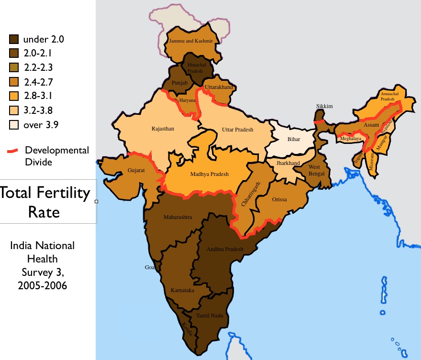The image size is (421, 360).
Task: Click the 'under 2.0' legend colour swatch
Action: point(14,39)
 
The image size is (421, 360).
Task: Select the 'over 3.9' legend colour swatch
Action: point(14,125)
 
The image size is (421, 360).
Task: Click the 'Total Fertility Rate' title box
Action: point(45,201)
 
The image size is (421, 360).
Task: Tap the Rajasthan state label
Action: point(163,129)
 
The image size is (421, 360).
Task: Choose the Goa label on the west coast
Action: point(150,268)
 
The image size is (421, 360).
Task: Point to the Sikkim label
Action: point(324,106)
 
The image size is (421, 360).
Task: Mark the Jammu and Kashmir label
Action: point(191,42)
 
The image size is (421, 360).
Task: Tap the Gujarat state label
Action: point(136,170)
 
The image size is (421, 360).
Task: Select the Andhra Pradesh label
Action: point(225,249)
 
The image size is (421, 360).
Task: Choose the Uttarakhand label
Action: point(219,87)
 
